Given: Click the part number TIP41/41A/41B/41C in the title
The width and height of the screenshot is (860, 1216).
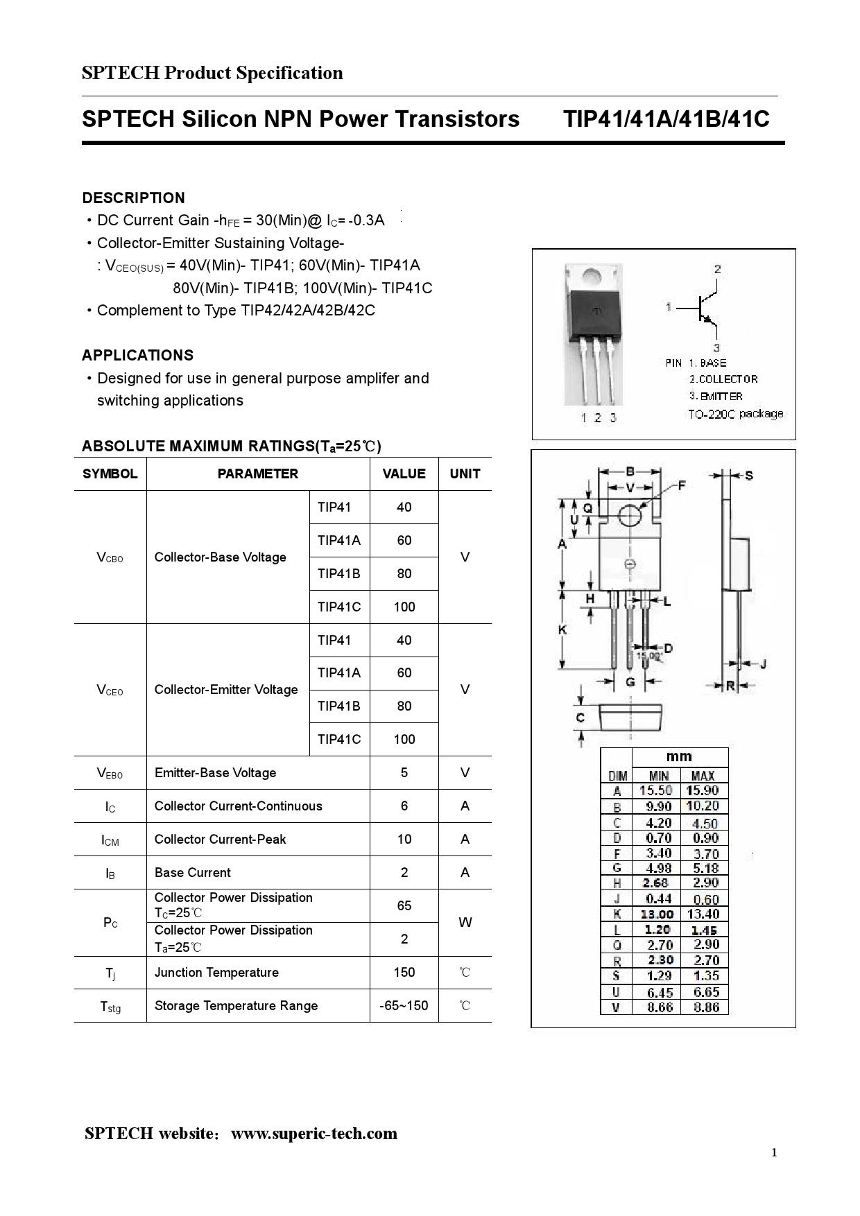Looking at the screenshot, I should tap(666, 119).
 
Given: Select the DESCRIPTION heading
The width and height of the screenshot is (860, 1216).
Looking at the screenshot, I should tap(133, 198).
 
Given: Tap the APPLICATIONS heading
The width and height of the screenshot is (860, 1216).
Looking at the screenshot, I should tap(137, 356).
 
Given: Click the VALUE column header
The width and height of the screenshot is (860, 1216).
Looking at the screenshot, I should tap(404, 474).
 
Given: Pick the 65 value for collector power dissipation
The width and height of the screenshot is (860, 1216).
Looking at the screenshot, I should tap(404, 905).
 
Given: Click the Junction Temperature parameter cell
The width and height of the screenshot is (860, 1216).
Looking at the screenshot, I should tap(216, 973).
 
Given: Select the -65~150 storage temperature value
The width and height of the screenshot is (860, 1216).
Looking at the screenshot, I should tap(404, 1005).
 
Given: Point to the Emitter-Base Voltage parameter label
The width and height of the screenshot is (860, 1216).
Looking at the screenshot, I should tap(215, 773).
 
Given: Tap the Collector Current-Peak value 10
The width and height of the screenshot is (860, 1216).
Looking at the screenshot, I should tap(404, 840).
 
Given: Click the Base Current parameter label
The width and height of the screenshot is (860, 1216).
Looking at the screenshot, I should tap(193, 873).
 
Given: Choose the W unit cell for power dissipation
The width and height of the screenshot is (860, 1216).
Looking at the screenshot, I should tap(465, 923).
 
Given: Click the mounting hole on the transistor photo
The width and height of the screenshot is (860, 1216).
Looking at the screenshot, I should tap(592, 276).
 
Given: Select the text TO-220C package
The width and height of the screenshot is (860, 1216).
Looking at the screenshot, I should tap(735, 414).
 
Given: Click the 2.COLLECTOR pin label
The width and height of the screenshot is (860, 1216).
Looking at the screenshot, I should tap(723, 379).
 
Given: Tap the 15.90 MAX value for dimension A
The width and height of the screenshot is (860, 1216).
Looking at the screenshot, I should tap(703, 790).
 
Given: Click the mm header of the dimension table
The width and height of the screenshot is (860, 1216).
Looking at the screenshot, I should tap(679, 757).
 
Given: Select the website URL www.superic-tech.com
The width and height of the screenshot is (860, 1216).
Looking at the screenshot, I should tap(314, 1134).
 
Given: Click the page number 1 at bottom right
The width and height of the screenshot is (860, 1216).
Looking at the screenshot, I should tap(774, 1153).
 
